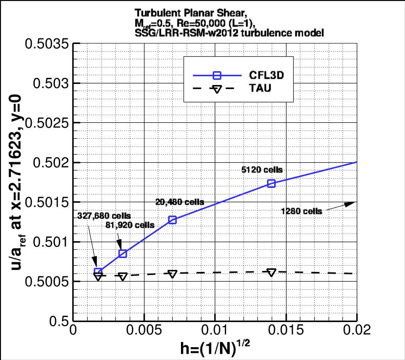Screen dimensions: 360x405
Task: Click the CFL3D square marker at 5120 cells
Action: click(x=271, y=183)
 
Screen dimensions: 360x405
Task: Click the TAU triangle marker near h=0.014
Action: click(x=272, y=272)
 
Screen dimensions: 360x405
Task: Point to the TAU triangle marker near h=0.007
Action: click(x=172, y=274)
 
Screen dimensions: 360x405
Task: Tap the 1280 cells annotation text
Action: click(x=302, y=211)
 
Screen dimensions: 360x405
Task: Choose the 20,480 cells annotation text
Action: click(x=179, y=202)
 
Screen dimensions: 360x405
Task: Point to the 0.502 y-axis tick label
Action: click(x=50, y=163)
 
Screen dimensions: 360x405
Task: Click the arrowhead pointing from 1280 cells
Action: click(x=351, y=203)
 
